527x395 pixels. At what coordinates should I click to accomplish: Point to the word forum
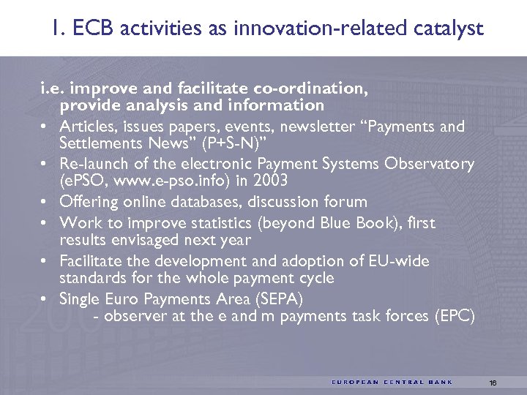point(347,202)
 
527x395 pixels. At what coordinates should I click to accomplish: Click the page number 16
point(493,382)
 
